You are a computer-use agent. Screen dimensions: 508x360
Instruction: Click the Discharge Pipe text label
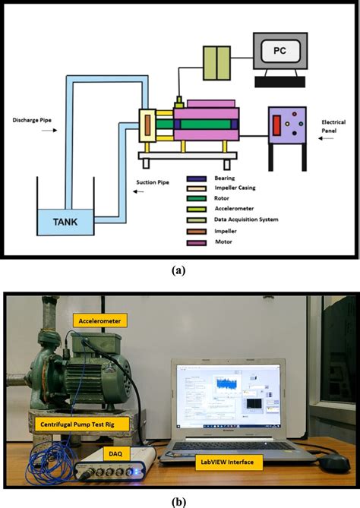(x=30, y=120)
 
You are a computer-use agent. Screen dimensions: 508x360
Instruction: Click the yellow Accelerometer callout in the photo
(x=101, y=320)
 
